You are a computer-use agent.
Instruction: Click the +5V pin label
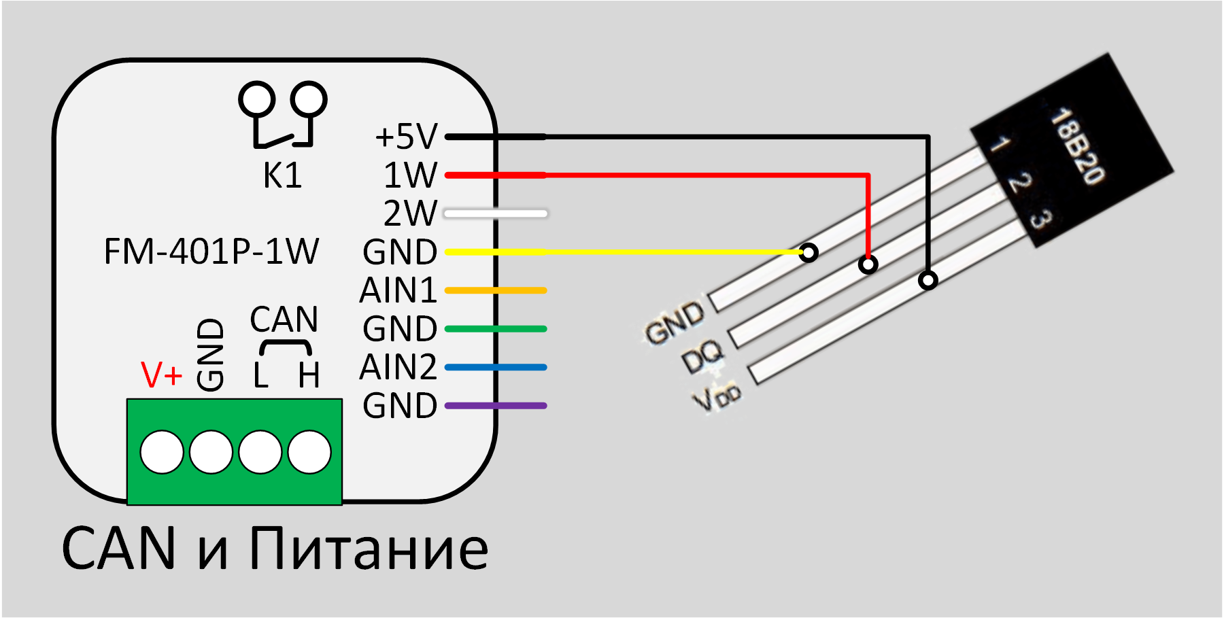click(406, 137)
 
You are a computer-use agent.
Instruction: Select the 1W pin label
click(409, 175)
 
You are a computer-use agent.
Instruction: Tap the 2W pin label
click(409, 213)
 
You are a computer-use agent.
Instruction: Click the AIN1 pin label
click(398, 290)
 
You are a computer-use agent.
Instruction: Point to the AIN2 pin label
click(398, 367)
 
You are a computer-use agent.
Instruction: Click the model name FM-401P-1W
click(211, 252)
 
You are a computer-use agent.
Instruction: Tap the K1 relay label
click(282, 176)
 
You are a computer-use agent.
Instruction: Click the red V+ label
click(161, 375)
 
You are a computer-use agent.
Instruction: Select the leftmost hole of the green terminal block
click(162, 452)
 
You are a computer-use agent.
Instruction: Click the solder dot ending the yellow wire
click(809, 253)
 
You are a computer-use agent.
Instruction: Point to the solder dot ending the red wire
click(868, 264)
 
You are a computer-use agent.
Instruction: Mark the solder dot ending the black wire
click(928, 279)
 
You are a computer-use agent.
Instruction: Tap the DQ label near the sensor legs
click(703, 356)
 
